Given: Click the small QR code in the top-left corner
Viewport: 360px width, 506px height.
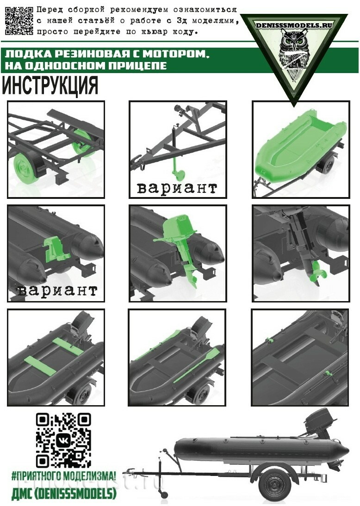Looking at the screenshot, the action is (x=19, y=21).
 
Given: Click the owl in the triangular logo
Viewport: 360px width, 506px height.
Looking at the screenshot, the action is (x=294, y=49).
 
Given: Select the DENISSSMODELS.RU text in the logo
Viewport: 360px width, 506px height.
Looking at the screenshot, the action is (x=294, y=25).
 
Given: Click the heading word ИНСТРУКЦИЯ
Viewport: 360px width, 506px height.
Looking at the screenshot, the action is (x=50, y=86).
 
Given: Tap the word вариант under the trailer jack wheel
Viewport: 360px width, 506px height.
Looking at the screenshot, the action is (x=177, y=188).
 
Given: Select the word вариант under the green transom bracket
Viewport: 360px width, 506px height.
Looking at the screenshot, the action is (x=57, y=290).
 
